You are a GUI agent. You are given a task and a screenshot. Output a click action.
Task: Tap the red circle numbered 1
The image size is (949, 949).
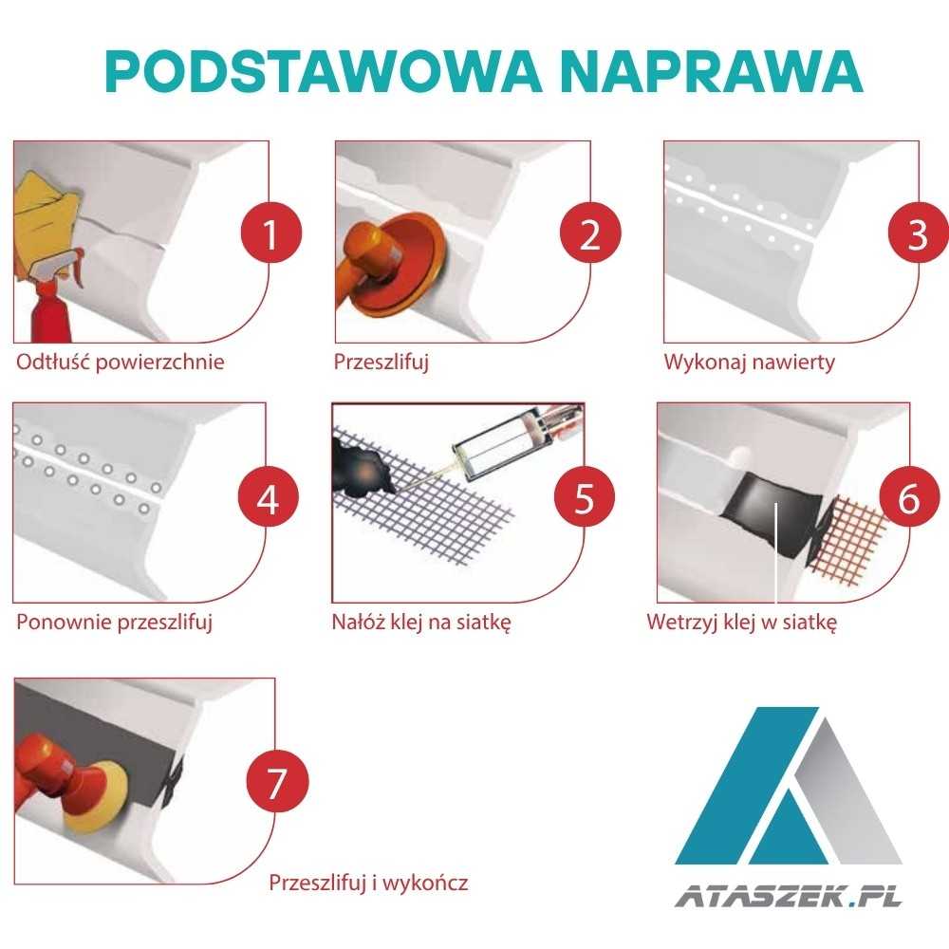[270, 234]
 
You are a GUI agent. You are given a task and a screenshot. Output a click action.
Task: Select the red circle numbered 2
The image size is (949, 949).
[589, 234]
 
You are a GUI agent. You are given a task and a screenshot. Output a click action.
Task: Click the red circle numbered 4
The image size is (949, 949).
[268, 498]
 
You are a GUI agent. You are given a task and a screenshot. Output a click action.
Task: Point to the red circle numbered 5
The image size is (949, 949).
[584, 498]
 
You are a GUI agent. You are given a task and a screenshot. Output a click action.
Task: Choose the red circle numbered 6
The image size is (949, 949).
[908, 498]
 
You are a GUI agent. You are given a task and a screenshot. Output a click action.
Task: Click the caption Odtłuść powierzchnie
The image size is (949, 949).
[121, 363]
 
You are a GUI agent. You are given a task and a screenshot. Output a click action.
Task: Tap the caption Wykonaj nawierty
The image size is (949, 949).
[749, 363]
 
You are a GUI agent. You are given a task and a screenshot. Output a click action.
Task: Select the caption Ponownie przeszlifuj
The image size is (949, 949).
[113, 623]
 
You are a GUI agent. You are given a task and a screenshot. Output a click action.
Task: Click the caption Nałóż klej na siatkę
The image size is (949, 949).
[421, 623]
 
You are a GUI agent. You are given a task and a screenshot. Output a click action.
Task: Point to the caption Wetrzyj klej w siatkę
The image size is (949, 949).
[741, 623]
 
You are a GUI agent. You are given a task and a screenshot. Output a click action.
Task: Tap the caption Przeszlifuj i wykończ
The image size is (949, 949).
[368, 884]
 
